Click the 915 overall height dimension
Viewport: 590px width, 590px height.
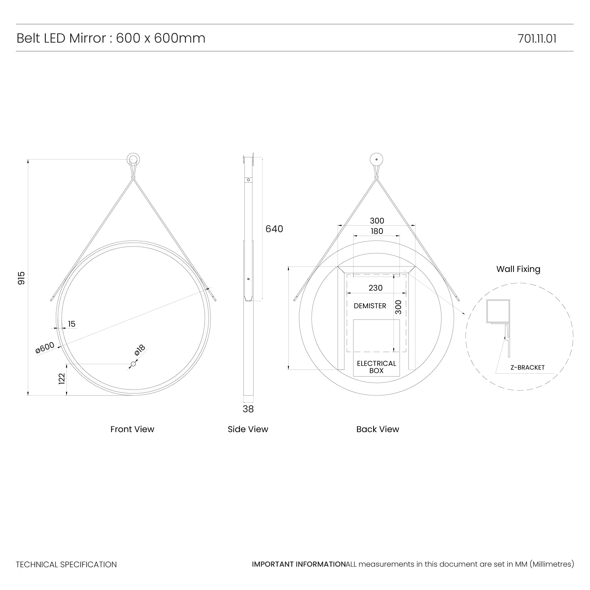click(21, 278)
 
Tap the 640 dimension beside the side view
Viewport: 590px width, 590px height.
click(274, 229)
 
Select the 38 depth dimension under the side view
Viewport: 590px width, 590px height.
click(248, 409)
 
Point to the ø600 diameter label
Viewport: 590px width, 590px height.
click(45, 347)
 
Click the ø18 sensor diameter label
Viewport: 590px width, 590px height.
click(140, 350)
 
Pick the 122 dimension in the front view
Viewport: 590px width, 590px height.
click(62, 379)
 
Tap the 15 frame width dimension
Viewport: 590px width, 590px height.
click(71, 324)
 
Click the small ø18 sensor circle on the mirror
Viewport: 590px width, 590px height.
click(133, 364)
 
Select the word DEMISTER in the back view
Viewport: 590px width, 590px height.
click(370, 306)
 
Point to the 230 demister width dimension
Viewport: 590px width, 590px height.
click(375, 288)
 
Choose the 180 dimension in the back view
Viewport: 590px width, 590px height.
click(377, 231)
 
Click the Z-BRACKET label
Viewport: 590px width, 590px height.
click(527, 367)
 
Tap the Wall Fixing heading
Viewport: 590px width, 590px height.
click(518, 269)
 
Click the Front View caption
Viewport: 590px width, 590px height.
click(132, 429)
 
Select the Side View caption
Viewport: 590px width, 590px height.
click(248, 429)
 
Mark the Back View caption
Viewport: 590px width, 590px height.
click(377, 429)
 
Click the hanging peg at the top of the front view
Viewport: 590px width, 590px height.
click(133, 159)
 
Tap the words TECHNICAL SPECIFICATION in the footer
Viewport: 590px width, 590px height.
click(66, 564)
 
